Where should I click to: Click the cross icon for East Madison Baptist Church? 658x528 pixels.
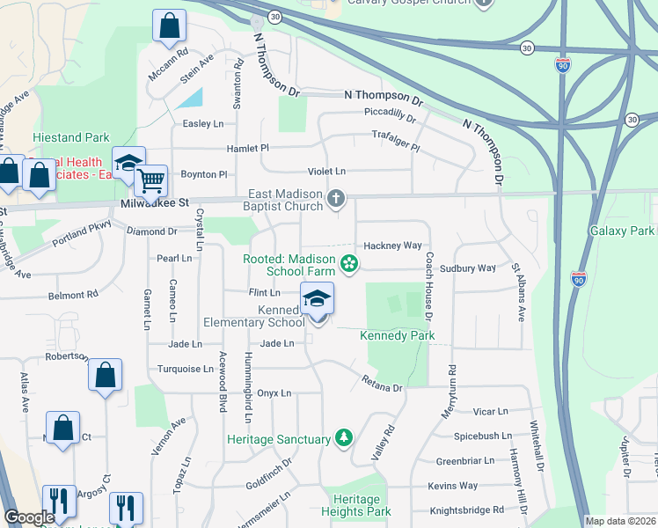(335, 200)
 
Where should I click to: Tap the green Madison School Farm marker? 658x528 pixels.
(349, 263)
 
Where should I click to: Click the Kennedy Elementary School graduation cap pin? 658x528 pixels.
(318, 301)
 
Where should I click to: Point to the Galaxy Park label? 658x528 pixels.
(621, 231)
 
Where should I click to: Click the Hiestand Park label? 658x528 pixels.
(70, 137)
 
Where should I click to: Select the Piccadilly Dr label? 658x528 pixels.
(390, 114)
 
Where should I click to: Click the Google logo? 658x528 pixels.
(29, 517)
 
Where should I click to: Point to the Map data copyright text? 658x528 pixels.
(619, 521)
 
